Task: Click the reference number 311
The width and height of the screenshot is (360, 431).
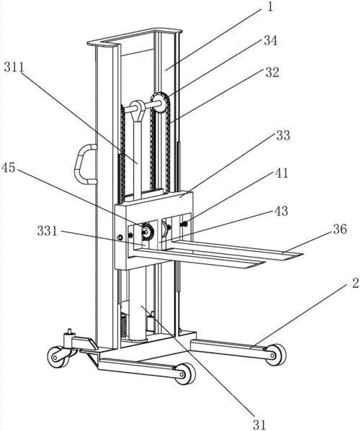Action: (x=14, y=68)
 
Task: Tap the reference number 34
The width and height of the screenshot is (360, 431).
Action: (x=271, y=41)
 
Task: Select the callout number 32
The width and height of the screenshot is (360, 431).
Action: (x=272, y=72)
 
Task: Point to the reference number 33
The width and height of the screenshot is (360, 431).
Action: (x=283, y=135)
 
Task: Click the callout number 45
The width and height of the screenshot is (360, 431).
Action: (x=8, y=168)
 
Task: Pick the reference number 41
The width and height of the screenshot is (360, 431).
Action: (x=282, y=173)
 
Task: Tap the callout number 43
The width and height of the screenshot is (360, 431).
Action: (x=281, y=211)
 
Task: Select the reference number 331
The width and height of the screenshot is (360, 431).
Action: (x=48, y=231)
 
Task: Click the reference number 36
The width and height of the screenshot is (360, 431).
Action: (x=340, y=229)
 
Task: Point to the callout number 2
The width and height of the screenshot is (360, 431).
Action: (x=356, y=283)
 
